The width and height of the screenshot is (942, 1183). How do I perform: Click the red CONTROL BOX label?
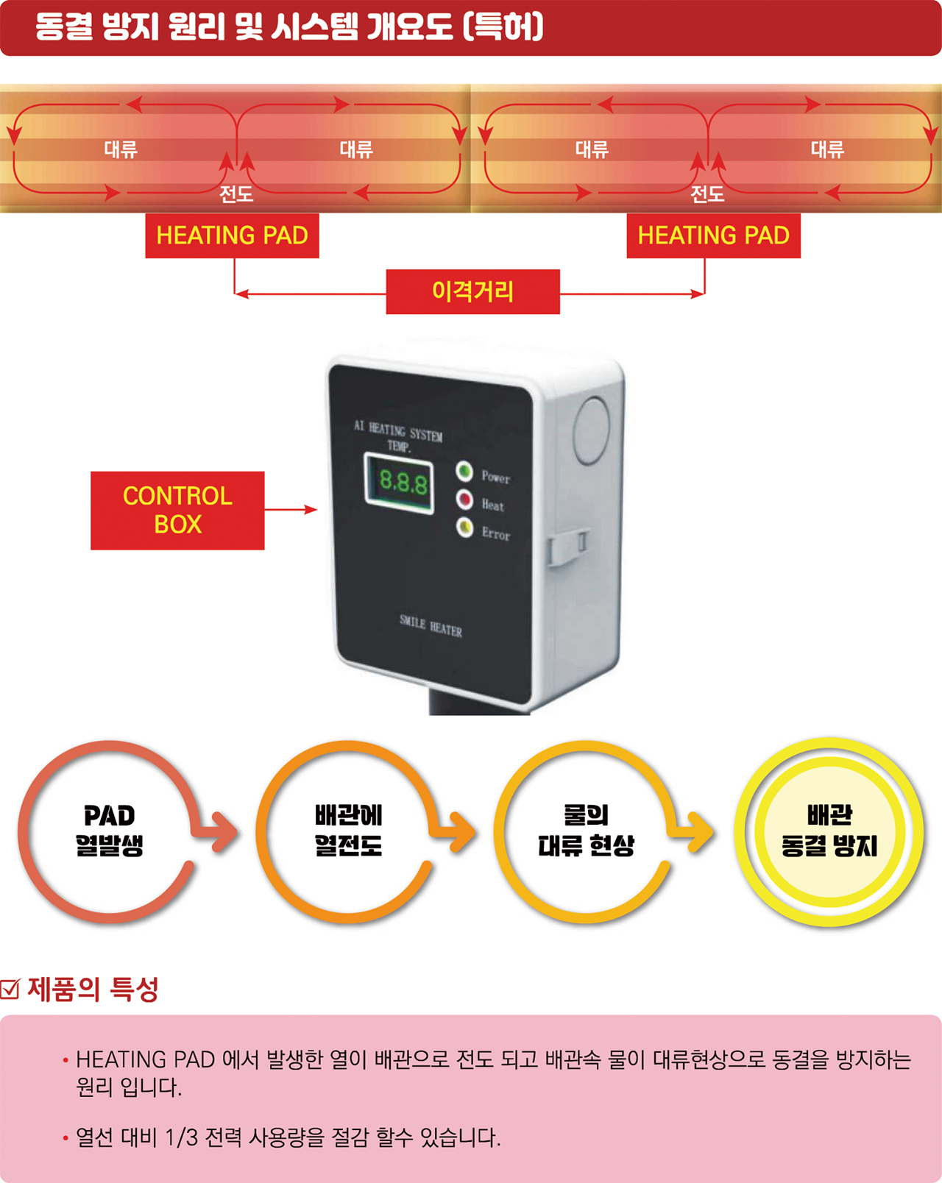coord(177,510)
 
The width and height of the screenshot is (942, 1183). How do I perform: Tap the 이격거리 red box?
coord(473,291)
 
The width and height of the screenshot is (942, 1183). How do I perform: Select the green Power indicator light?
coord(464,471)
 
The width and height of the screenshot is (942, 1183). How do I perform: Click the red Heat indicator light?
coord(464,499)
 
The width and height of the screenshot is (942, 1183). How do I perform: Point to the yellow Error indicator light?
coord(465,527)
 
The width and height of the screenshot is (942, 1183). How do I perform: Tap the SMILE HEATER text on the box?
coord(431,626)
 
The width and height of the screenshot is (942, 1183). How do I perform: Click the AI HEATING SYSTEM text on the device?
coord(398,432)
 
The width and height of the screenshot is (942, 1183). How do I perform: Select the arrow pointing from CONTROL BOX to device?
coord(291,510)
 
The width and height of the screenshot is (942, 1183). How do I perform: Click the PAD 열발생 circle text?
coord(110,830)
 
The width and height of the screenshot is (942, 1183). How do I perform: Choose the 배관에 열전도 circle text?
coord(348,830)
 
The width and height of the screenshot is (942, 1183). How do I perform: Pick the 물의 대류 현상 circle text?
coord(587,830)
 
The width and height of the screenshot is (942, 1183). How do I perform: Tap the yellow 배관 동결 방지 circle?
coord(829,831)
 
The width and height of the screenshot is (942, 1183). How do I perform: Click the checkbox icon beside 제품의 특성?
coord(10,989)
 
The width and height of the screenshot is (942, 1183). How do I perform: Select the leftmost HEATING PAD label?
coord(232,235)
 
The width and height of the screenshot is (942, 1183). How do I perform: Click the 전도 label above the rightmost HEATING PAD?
coord(707,193)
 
